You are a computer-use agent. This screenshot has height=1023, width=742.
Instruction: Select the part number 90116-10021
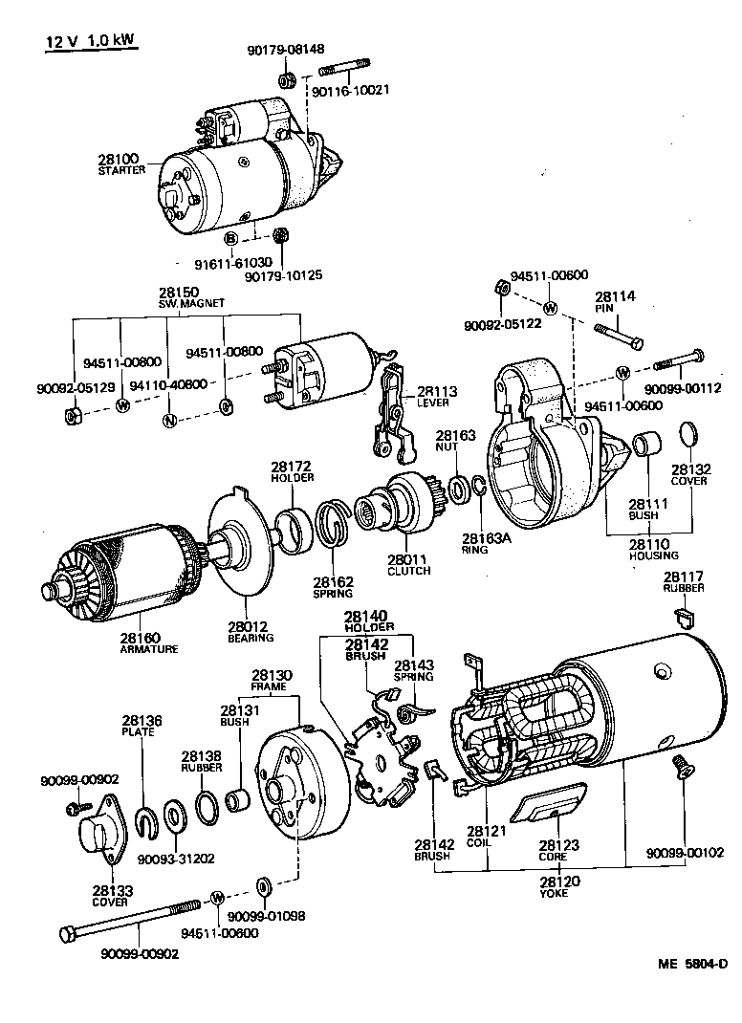coord(351,90)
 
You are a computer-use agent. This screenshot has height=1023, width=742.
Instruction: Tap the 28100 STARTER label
coord(120,163)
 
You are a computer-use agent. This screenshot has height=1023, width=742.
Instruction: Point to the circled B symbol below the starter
coord(231,238)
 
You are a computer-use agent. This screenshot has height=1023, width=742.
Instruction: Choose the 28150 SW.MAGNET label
coord(191,296)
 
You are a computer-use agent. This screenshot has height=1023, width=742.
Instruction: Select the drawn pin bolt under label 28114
coord(619,336)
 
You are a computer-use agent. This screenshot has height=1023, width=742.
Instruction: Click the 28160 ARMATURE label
coord(148,642)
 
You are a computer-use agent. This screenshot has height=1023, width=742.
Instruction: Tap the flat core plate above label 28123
coord(549,804)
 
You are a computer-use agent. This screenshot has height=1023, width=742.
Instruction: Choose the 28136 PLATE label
coord(141,726)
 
